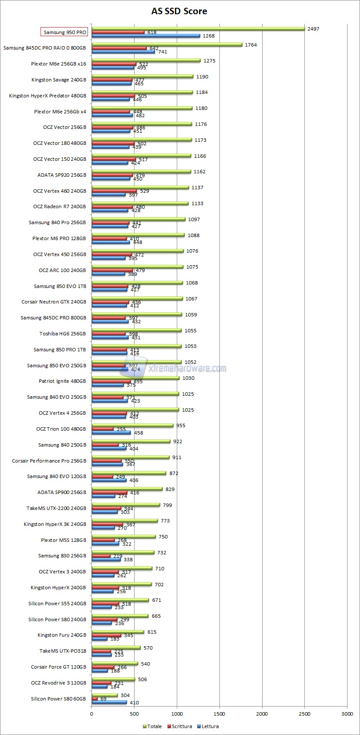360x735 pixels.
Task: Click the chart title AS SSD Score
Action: click(179, 11)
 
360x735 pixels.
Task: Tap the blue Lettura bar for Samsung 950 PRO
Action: click(146, 36)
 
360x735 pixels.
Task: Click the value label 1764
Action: click(251, 44)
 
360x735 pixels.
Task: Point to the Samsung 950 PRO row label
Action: click(65, 32)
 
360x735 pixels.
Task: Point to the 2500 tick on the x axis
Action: click(305, 713)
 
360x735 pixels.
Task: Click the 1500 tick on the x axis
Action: click(219, 713)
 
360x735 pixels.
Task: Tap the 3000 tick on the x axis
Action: click(347, 713)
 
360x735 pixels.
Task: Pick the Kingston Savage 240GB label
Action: click(59, 80)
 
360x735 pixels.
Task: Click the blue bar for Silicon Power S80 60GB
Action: click(109, 702)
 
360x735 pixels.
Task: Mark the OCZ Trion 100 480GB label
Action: click(61, 429)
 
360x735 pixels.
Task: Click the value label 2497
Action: click(313, 28)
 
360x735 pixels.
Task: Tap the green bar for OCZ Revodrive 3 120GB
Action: click(113, 679)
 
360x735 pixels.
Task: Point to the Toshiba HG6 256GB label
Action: click(63, 334)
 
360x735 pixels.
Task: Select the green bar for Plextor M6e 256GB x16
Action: click(146, 60)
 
